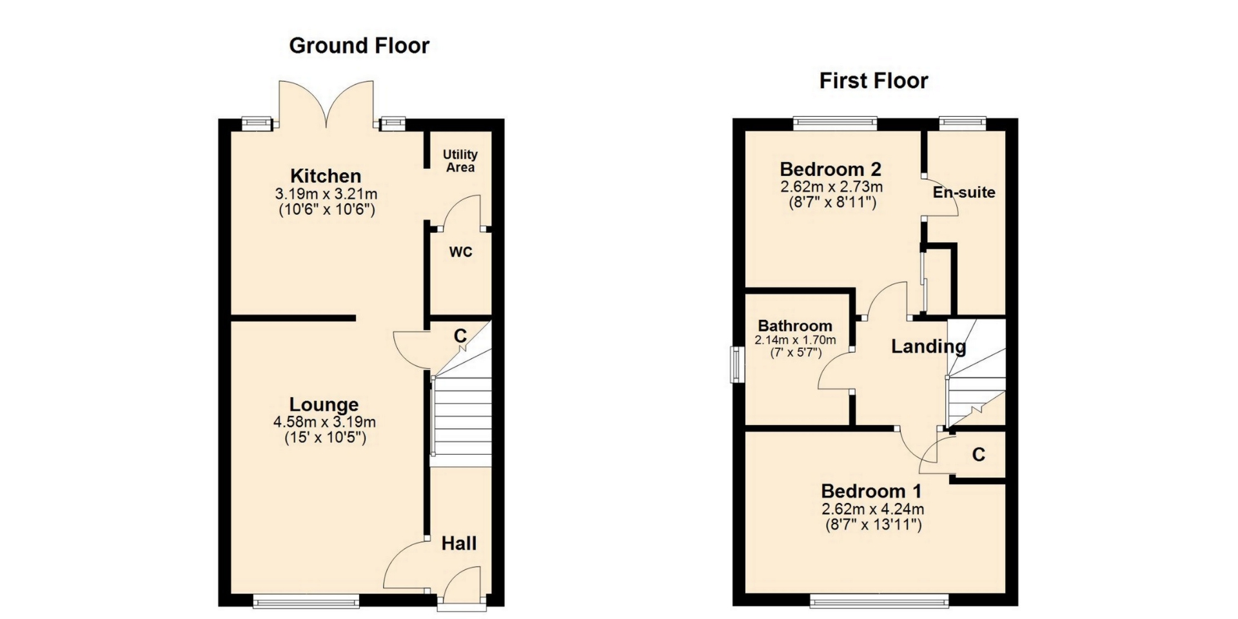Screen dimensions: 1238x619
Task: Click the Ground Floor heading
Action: pos(359,46)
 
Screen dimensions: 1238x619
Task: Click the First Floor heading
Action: pos(874,81)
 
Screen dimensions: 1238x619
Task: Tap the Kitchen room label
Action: pos(326,175)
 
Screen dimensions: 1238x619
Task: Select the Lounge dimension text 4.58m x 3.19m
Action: pos(324,422)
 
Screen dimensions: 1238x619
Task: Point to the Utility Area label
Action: pos(460,161)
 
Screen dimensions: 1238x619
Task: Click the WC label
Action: pos(461,252)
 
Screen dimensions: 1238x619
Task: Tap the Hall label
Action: pos(459,544)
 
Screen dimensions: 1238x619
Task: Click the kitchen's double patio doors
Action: pos(326,103)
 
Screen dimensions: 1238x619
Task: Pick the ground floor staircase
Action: pos(461,413)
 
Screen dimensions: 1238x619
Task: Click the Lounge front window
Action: pos(306,602)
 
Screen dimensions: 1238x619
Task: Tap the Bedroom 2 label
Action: pos(830,170)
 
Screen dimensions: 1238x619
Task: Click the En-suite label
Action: pos(964,192)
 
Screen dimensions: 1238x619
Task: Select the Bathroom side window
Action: pos(735,365)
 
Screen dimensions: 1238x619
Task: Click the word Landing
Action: pos(928,347)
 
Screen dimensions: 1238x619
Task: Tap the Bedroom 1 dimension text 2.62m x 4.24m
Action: pos(873,509)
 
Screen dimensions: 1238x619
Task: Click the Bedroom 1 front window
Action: pos(879,602)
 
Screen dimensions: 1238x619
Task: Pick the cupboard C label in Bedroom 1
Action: pos(979,455)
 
